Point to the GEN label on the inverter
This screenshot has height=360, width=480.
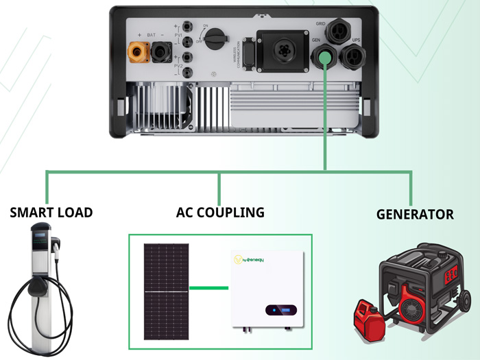[317, 40]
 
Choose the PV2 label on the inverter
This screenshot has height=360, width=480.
[178, 64]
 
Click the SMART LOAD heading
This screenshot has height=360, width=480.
[51, 213]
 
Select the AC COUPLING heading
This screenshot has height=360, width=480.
[220, 213]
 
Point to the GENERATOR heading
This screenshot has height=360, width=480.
[415, 215]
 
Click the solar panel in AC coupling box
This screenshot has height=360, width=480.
[166, 287]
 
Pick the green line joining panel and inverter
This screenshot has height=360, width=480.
[208, 287]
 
